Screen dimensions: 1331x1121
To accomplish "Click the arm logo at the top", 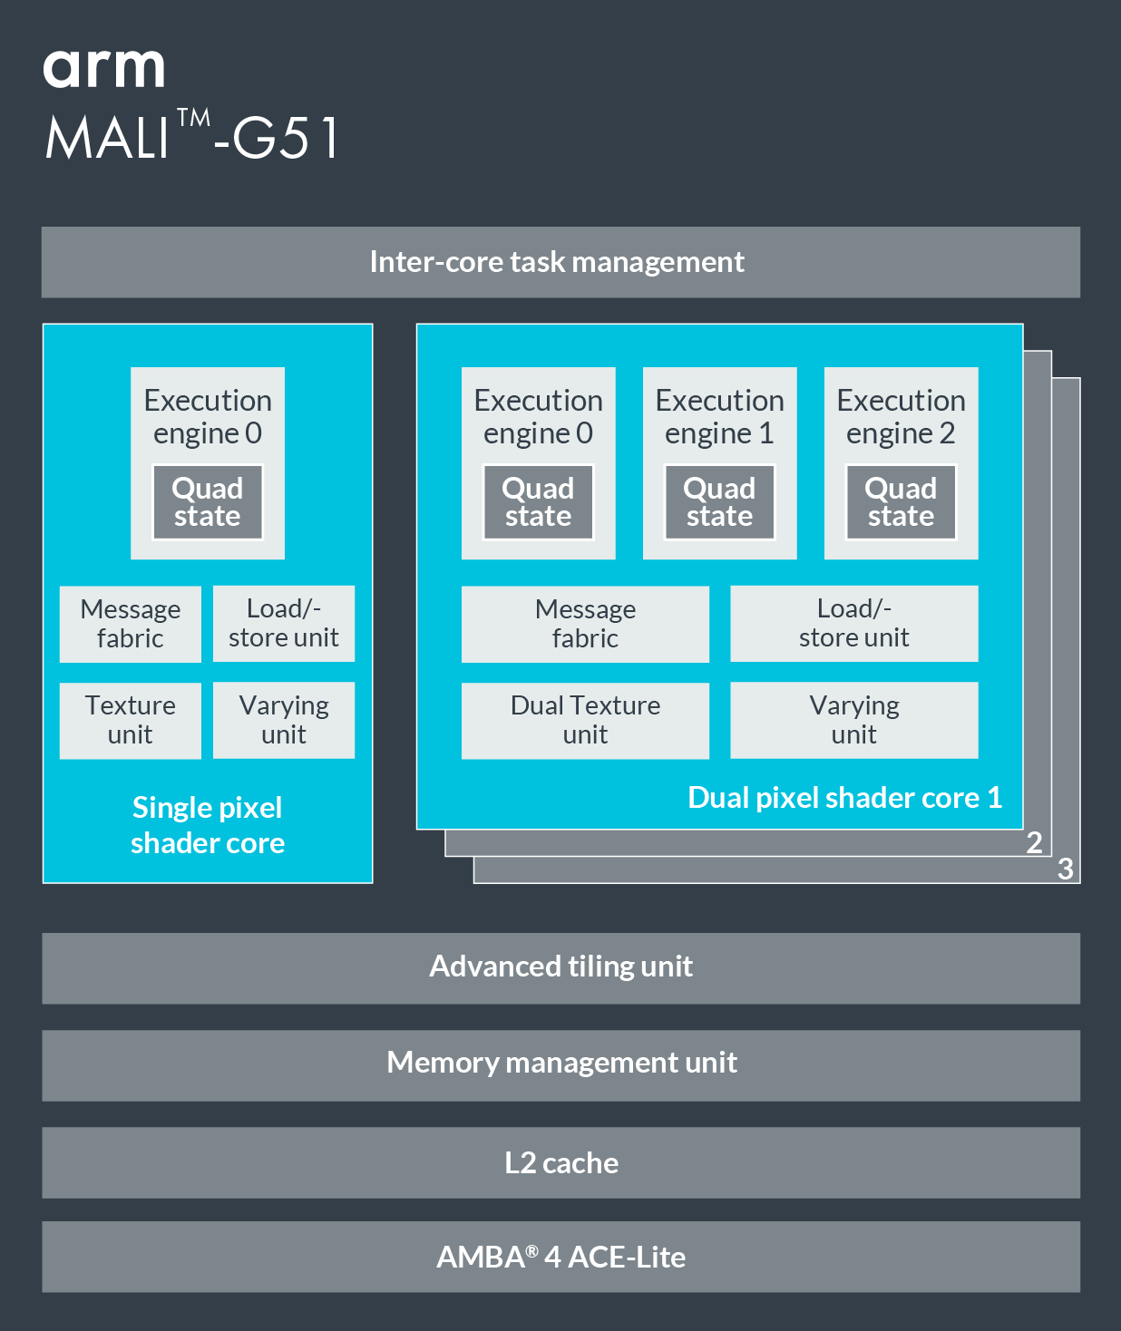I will click(x=103, y=68).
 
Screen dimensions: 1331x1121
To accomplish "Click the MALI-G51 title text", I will click(x=192, y=137).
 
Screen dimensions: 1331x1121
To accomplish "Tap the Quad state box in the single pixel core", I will click(x=208, y=502).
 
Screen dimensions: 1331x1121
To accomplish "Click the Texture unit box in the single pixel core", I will click(x=130, y=720).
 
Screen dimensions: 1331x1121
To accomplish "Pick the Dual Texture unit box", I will click(x=585, y=720).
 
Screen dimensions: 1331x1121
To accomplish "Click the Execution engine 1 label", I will click(x=719, y=416).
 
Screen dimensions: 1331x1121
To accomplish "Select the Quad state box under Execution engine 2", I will click(x=901, y=502).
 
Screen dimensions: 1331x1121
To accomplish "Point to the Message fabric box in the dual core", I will click(x=585, y=624).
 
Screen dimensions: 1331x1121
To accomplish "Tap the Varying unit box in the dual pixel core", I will click(x=853, y=720).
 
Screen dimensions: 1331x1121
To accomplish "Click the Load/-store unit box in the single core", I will click(x=284, y=624).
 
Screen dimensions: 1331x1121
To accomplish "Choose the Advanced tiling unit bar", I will click(x=560, y=967).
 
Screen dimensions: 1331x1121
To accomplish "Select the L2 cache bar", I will click(x=560, y=1162).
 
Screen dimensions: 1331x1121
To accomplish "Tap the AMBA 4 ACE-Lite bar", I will click(x=560, y=1257).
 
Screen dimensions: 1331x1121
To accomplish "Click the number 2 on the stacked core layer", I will click(x=1034, y=842).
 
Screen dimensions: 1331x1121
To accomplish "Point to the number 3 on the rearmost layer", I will click(x=1066, y=870).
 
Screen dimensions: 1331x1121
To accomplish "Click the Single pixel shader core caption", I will click(x=208, y=825).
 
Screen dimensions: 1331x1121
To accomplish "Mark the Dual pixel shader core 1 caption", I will click(x=844, y=798).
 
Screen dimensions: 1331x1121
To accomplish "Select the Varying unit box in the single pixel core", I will click(x=284, y=720).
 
